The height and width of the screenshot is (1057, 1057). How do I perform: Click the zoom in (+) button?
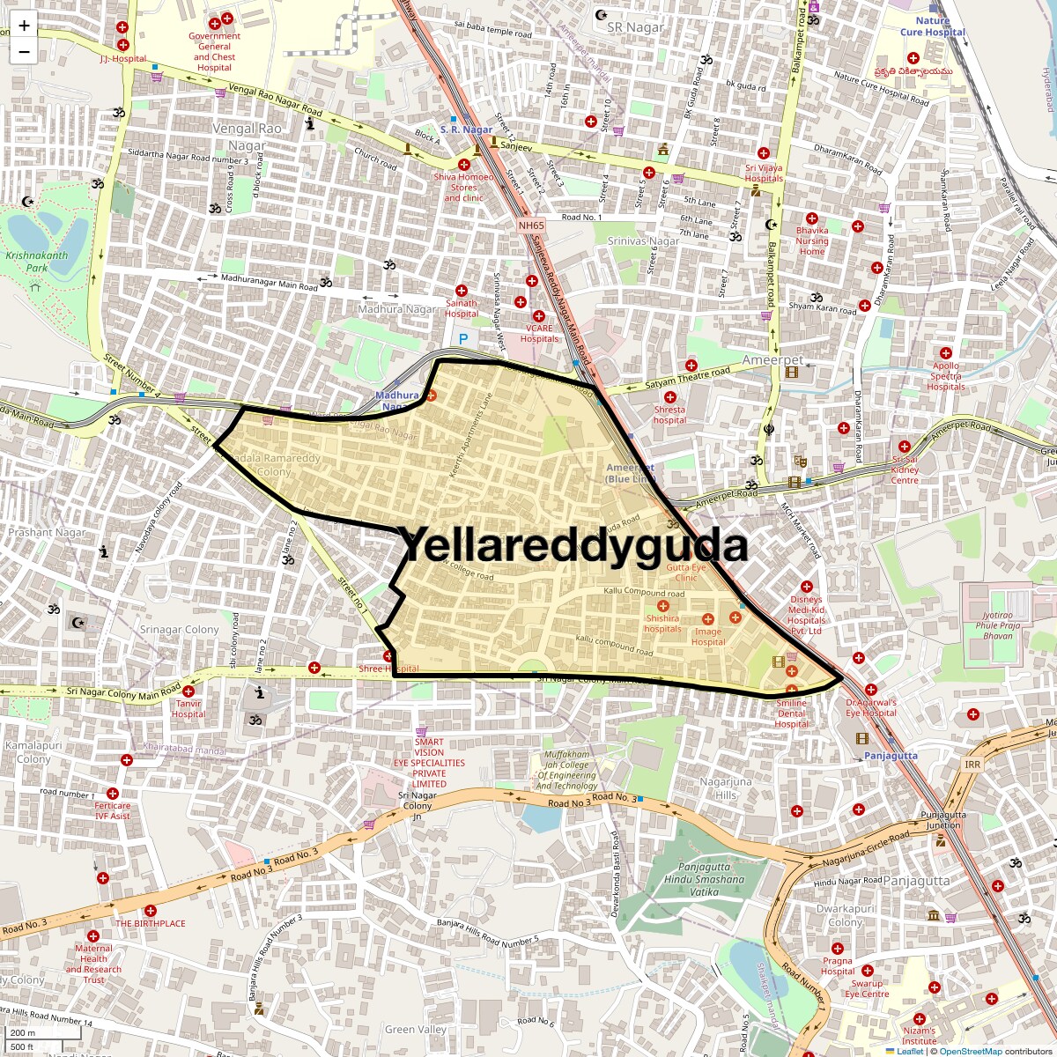(x=24, y=25)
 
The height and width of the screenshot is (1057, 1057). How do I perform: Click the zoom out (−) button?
(x=24, y=51)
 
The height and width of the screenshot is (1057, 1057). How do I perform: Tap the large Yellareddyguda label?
(x=574, y=545)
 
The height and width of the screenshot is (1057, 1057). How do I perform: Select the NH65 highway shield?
(x=530, y=225)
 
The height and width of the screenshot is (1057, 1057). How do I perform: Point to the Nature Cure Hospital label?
(x=932, y=26)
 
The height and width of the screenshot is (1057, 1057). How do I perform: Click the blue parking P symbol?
(x=463, y=338)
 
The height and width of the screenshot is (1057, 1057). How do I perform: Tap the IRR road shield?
(x=972, y=765)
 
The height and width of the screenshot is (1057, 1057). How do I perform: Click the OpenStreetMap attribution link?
(x=970, y=1051)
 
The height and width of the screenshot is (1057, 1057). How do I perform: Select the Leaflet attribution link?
(x=910, y=1051)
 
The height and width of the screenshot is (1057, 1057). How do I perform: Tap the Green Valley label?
(x=416, y=1030)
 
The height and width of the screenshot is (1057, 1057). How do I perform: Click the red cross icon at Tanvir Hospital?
(x=188, y=691)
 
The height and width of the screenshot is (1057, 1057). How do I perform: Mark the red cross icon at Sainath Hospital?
(x=462, y=291)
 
